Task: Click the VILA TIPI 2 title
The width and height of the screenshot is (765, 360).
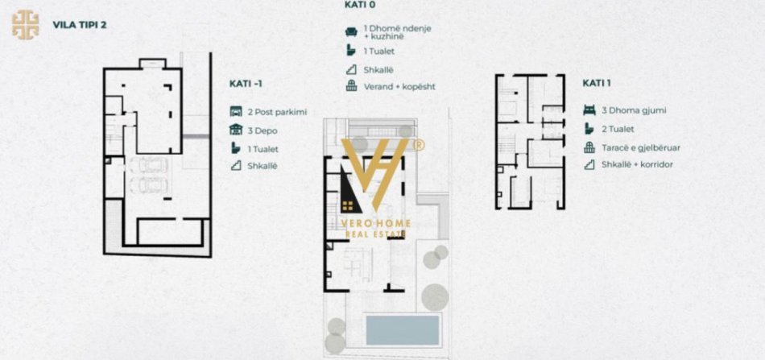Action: tap(79, 24)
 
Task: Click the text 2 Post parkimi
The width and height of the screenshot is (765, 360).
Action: tap(278, 112)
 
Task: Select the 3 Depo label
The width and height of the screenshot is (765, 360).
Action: tap(263, 130)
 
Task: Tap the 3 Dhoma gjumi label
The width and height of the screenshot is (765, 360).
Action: tap(634, 110)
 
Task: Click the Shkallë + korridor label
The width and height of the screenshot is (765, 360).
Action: tap(637, 164)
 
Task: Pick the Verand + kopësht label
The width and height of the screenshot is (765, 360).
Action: tap(399, 86)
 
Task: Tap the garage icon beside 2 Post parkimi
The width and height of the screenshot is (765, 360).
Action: tap(235, 112)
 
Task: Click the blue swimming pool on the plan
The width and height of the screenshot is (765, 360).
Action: tap(403, 329)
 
